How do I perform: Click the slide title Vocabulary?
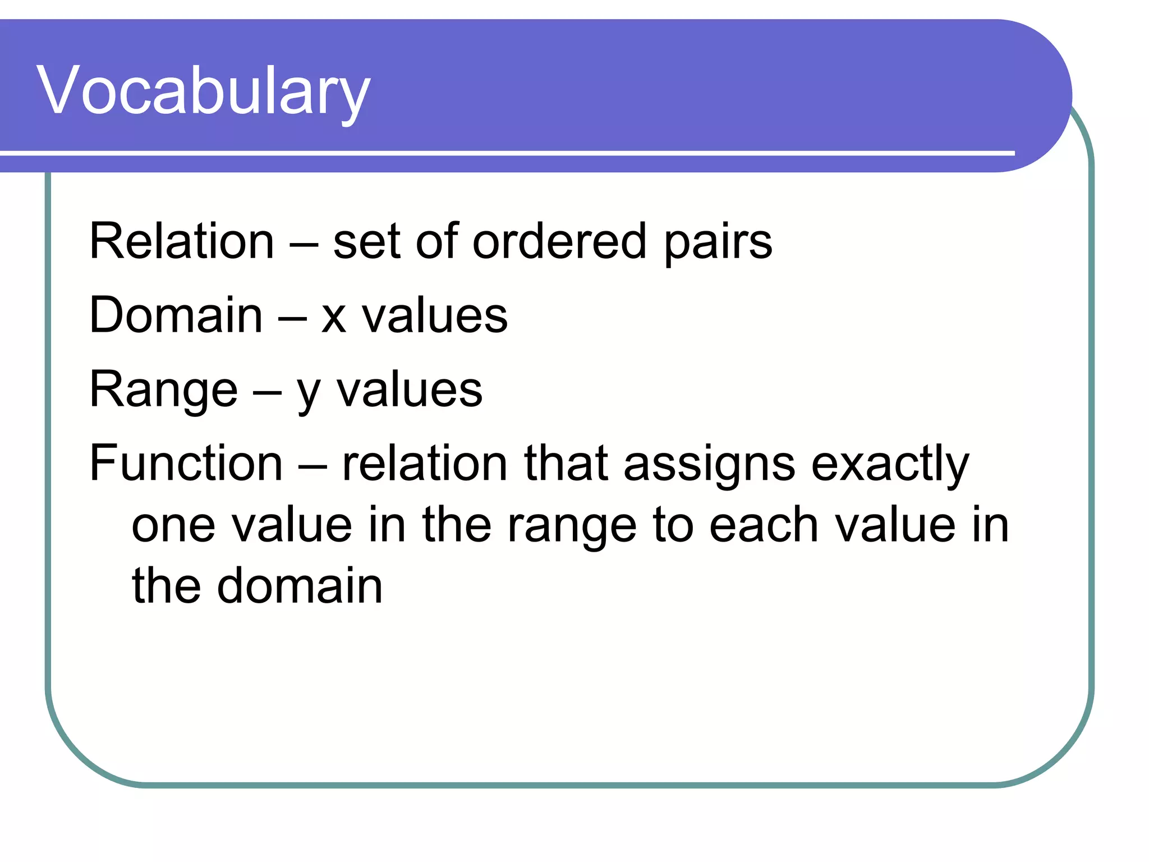203,91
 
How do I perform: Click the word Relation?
182,241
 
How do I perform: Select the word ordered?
560,241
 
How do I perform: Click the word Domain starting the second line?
176,315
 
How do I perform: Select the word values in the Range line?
410,389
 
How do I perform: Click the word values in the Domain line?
435,315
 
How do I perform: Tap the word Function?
186,464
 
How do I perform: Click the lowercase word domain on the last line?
300,586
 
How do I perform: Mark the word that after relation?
566,464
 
